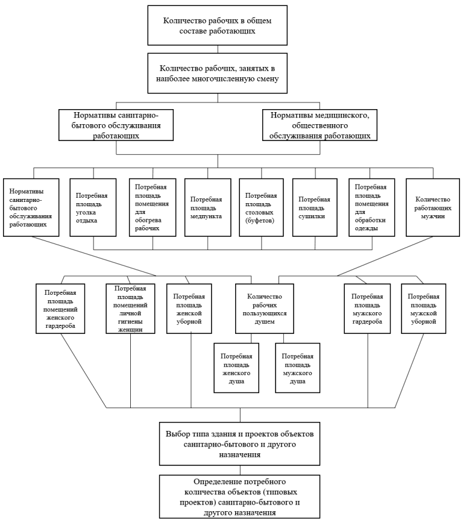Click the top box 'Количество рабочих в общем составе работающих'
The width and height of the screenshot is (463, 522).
218,25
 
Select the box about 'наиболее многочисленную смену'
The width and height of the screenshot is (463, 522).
218,74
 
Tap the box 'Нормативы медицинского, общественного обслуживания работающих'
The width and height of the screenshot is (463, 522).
320,125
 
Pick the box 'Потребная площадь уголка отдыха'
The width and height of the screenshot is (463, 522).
93,208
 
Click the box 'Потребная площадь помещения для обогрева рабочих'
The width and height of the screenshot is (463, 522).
153,208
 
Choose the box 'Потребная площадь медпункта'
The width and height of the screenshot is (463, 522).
208,208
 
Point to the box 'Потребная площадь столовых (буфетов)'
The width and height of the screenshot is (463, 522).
261,208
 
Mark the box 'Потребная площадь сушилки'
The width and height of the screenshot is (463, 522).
315,208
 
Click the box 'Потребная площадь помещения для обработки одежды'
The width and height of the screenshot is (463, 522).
372,208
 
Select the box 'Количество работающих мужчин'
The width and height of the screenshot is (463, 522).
433,208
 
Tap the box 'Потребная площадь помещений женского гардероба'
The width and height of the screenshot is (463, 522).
60,309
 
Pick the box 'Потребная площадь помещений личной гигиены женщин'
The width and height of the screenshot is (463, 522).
130,309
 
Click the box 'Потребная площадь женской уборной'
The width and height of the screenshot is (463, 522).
189,309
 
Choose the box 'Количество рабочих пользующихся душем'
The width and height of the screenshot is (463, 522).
264,309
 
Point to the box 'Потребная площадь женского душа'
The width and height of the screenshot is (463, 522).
236,368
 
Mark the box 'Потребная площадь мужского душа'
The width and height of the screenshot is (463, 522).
298,368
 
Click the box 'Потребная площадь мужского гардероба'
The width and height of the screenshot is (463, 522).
367,309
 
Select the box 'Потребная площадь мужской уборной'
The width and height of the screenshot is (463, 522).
423,309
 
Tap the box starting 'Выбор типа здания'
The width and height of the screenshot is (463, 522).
240,444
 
